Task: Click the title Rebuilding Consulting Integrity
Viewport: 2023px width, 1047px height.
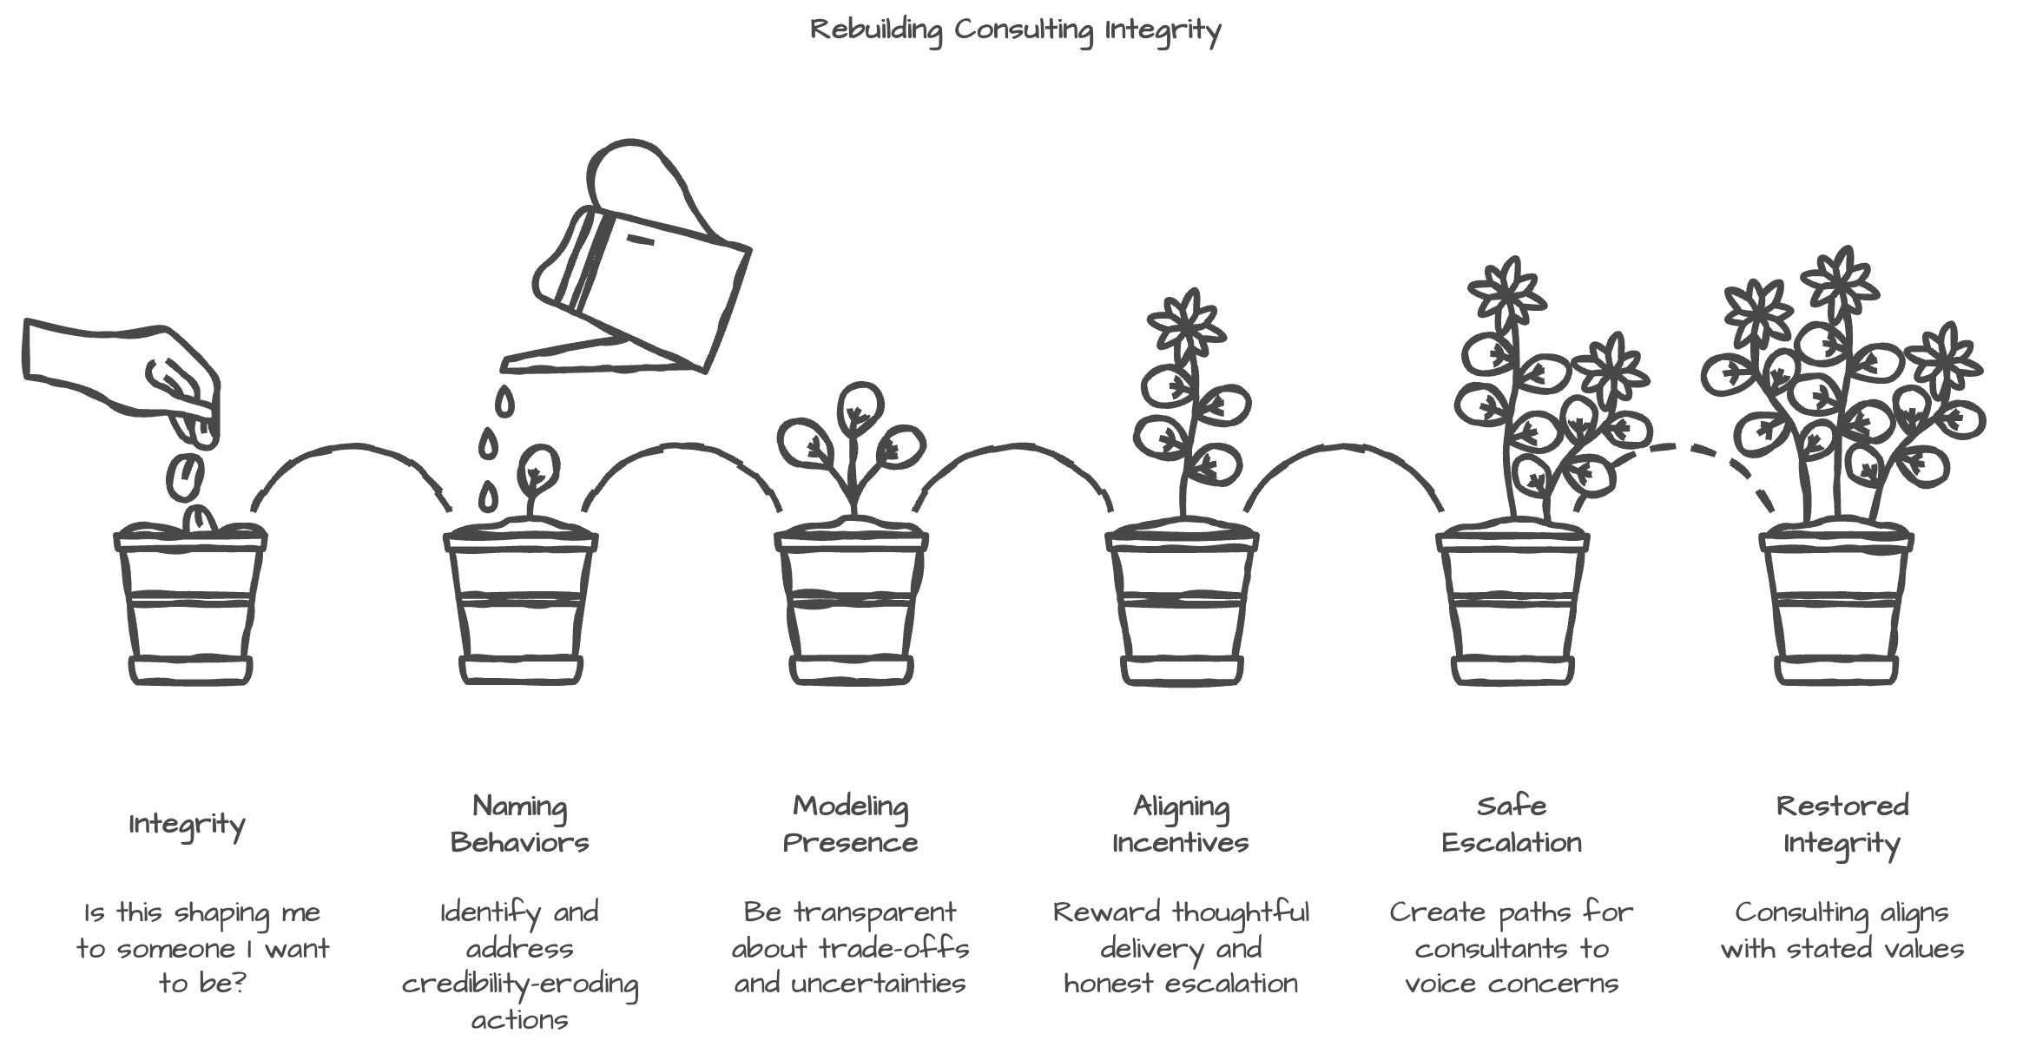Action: coord(1015,30)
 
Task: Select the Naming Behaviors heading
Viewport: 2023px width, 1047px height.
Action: coord(519,824)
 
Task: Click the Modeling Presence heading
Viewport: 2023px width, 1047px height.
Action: coord(850,824)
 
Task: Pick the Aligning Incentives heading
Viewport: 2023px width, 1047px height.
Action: coord(1181,824)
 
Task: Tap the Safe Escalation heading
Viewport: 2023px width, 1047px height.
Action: coord(1512,824)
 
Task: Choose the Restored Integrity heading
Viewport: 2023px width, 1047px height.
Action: coord(1842,824)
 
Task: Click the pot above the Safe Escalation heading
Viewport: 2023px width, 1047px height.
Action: coord(1512,608)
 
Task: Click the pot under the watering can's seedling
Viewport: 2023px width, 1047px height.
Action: coord(520,608)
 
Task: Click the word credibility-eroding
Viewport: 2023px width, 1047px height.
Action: coord(519,984)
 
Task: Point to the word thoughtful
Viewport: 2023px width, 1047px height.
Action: coord(1241,912)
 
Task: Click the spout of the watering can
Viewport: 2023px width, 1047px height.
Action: coord(564,356)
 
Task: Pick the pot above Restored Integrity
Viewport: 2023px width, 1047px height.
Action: coord(1836,608)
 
